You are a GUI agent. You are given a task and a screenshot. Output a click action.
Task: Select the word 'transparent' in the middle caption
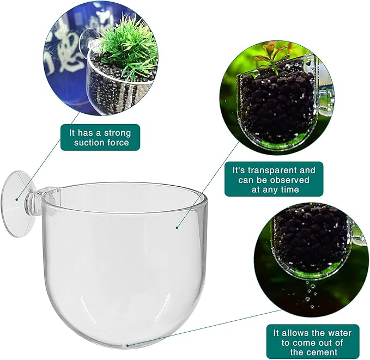click(x=275, y=170)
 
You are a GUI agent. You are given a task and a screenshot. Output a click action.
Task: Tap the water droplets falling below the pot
click(x=311, y=291)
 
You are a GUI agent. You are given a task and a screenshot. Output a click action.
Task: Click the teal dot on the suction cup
click(x=17, y=199)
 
